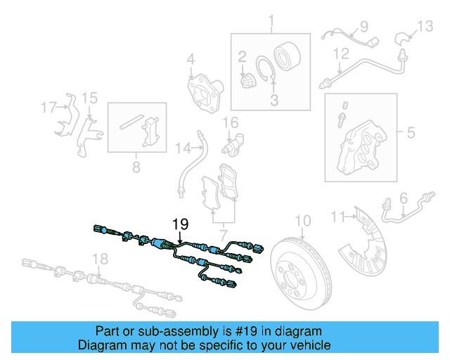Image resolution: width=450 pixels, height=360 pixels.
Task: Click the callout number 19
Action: (x=181, y=224)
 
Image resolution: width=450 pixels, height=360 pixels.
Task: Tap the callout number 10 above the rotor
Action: (x=302, y=221)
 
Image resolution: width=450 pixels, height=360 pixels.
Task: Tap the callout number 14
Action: (x=183, y=148)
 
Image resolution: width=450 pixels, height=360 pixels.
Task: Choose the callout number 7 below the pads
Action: (x=224, y=233)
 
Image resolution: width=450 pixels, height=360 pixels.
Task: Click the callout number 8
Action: (x=136, y=167)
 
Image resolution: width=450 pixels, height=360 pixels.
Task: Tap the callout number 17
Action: (x=48, y=108)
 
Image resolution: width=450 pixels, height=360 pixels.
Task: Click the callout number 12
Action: (x=341, y=53)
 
